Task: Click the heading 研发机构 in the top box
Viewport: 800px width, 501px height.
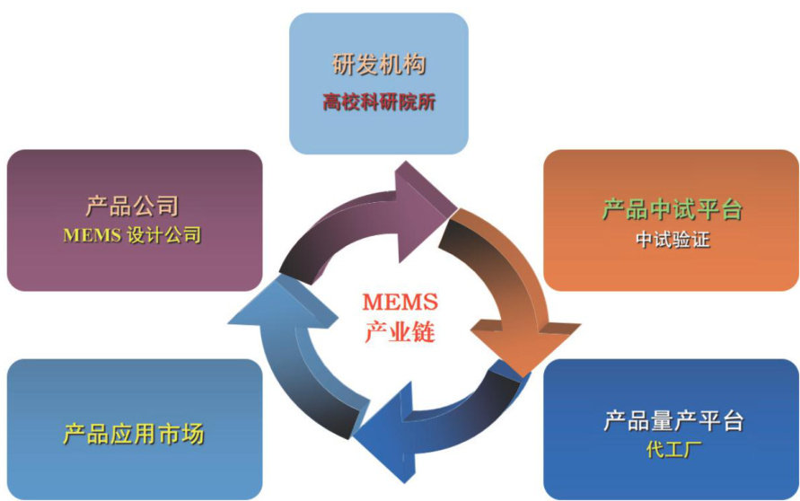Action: [x=378, y=65]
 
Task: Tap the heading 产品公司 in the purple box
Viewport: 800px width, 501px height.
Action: [x=132, y=207]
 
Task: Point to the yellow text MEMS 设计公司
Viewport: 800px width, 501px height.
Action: [x=132, y=236]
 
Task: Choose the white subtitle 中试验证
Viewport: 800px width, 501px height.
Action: [x=672, y=241]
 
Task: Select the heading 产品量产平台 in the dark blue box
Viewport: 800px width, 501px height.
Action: [x=673, y=420]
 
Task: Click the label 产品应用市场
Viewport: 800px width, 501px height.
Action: [x=134, y=435]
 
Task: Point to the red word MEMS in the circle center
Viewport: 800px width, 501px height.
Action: [x=399, y=303]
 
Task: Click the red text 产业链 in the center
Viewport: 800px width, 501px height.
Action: [x=400, y=333]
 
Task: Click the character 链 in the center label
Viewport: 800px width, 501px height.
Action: [x=424, y=333]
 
